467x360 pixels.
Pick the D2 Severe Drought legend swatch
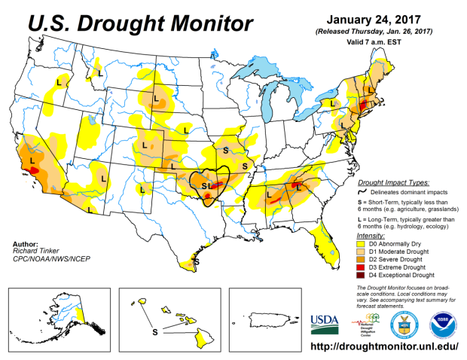362,259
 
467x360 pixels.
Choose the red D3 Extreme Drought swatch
362,267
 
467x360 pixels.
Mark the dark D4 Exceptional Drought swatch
362,275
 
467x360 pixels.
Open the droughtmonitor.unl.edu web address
385,348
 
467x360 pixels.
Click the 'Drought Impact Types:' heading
393,183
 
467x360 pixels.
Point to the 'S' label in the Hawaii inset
155,331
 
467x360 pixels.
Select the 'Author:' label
29,243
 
